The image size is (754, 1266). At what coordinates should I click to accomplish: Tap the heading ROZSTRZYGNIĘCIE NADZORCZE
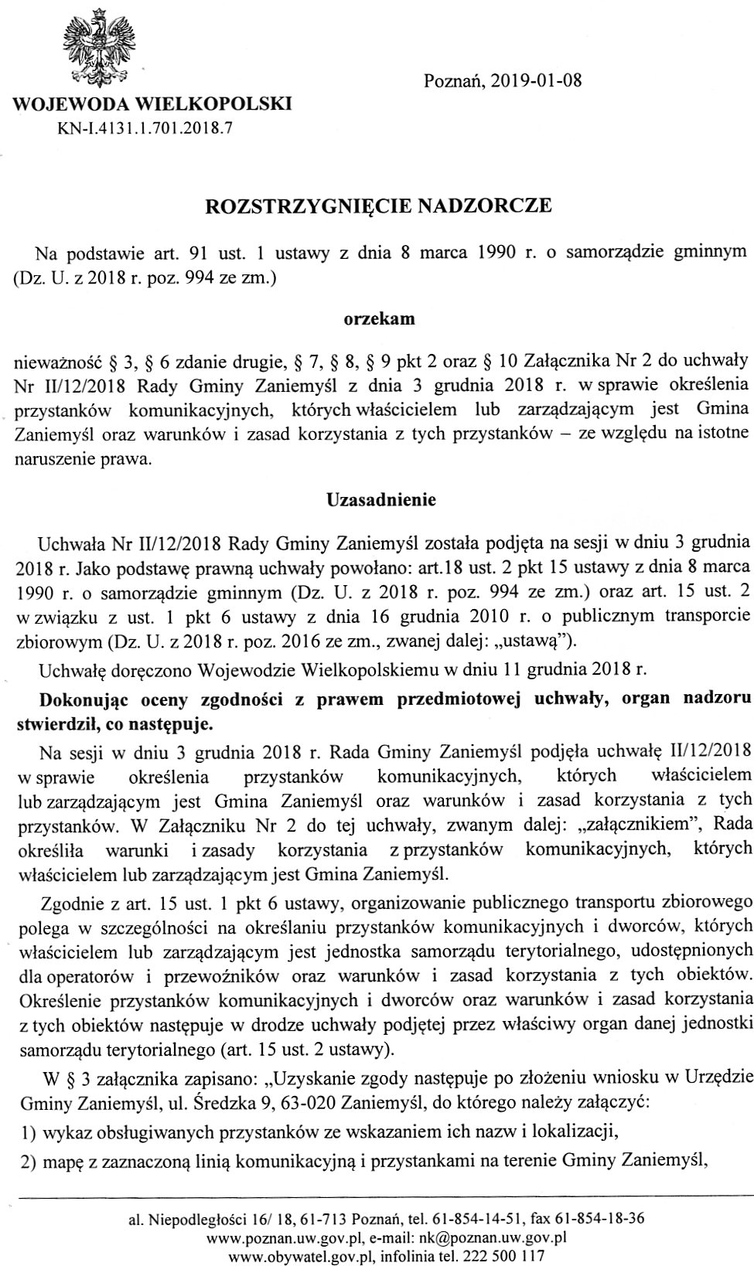coord(378,206)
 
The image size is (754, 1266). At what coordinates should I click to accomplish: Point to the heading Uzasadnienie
coord(381,499)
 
